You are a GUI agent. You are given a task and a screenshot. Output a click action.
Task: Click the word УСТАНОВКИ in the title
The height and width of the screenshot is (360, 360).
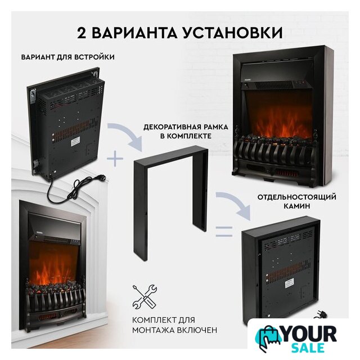pyautogui.click(x=232, y=33)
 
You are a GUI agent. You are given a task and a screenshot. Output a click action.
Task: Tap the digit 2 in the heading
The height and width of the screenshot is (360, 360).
pyautogui.click(x=81, y=33)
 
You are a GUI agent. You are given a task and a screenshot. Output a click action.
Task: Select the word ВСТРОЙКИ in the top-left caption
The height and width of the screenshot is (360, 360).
pyautogui.click(x=94, y=57)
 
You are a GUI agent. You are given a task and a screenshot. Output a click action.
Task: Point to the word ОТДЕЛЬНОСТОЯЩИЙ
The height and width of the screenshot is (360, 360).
pyautogui.click(x=296, y=197)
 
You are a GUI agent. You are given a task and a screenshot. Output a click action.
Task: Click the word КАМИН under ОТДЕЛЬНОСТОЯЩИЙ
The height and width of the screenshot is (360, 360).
pyautogui.click(x=296, y=206)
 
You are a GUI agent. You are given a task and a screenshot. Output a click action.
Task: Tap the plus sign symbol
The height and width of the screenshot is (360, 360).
pyautogui.click(x=115, y=159)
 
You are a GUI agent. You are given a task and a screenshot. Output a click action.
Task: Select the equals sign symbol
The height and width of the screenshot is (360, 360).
pyautogui.click(x=224, y=231)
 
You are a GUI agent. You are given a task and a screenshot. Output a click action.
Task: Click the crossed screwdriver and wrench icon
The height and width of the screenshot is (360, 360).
pyautogui.click(x=145, y=297)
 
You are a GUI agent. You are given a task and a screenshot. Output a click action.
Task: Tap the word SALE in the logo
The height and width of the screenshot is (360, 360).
pyautogui.click(x=308, y=348)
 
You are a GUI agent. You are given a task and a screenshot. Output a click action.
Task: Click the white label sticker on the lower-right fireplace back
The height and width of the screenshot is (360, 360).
pyautogui.click(x=290, y=285)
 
